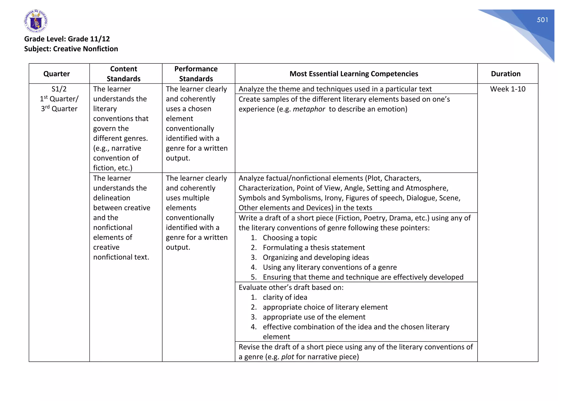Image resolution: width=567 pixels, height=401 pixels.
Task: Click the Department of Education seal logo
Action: click(x=36, y=21)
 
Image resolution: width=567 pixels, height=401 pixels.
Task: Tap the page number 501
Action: click(x=542, y=20)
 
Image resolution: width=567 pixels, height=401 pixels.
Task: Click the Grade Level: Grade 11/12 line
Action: click(x=67, y=39)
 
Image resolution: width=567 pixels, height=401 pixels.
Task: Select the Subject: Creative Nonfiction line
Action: click(x=71, y=49)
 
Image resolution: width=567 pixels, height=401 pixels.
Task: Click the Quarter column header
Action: click(x=56, y=74)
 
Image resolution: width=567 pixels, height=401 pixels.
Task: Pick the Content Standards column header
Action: click(x=123, y=74)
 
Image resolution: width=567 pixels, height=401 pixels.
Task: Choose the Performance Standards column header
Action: click(x=196, y=74)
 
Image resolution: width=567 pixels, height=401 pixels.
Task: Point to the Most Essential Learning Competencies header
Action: click(x=354, y=74)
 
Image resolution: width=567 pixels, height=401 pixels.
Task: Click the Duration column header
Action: click(x=506, y=74)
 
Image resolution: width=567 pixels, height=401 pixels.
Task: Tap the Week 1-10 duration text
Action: click(x=507, y=89)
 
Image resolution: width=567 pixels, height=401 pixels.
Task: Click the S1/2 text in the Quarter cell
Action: click(x=59, y=89)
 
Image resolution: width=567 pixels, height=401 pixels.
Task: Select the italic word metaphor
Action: click(x=309, y=109)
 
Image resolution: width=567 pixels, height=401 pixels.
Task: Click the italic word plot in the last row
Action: click(x=287, y=357)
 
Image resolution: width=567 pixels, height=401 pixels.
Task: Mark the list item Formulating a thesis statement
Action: click(x=313, y=248)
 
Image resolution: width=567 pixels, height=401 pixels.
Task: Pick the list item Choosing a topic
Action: click(x=290, y=238)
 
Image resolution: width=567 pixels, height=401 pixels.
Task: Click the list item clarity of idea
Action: click(x=285, y=297)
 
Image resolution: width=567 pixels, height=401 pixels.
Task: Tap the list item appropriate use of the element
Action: click(x=314, y=317)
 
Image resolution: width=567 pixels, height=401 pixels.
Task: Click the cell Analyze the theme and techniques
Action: click(x=335, y=89)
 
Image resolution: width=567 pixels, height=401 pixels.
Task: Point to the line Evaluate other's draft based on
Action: click(x=291, y=287)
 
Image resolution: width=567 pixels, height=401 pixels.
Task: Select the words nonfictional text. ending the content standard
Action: click(x=121, y=257)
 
